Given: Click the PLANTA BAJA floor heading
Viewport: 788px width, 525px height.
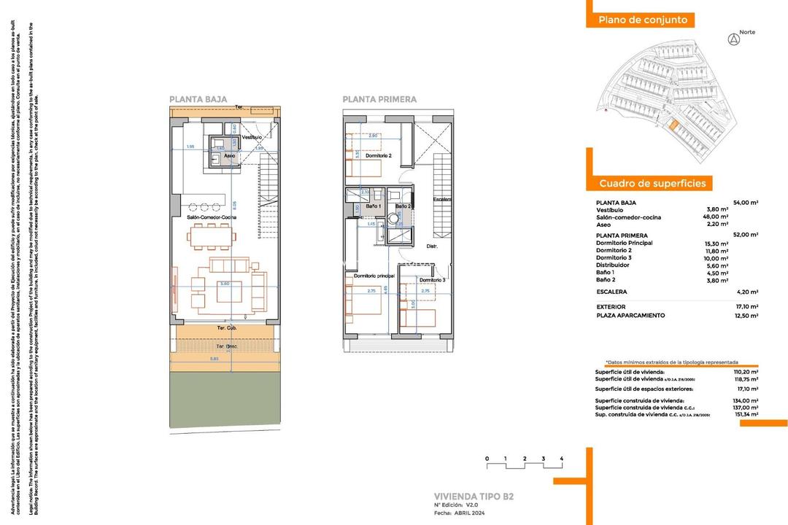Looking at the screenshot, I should [198, 99].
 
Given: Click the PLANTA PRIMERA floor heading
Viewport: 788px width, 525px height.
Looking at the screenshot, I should [379, 99].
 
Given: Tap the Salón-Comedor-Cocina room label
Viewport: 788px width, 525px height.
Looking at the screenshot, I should [211, 217].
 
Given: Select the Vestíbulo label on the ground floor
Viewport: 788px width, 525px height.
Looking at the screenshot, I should [252, 137].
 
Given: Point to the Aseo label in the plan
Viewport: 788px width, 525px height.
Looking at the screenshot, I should [229, 156].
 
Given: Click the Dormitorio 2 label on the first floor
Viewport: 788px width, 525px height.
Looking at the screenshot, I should [379, 156].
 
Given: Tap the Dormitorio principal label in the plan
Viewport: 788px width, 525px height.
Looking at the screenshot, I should [374, 276].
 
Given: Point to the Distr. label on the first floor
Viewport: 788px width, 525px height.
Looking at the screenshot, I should [432, 246].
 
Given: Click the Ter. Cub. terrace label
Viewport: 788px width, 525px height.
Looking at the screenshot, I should [228, 328].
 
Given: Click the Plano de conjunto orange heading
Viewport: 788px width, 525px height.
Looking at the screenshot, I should [642, 20].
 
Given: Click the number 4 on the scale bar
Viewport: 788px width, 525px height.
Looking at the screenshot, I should [562, 459].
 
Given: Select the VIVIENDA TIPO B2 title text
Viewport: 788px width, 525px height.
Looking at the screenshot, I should [474, 497].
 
